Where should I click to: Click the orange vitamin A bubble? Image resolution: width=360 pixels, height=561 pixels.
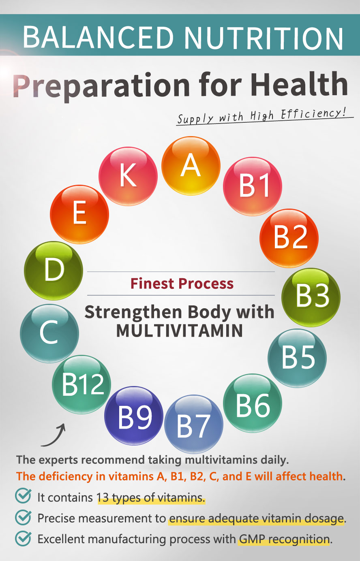(191, 166)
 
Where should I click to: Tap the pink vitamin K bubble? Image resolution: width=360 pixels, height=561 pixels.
(128, 176)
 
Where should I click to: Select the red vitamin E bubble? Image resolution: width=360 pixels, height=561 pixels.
(79, 214)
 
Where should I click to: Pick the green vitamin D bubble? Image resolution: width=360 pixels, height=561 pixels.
(54, 271)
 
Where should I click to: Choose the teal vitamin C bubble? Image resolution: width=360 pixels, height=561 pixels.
(49, 334)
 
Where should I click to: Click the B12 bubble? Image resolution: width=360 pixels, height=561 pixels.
(81, 384)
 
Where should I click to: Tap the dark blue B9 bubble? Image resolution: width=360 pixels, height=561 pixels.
(134, 416)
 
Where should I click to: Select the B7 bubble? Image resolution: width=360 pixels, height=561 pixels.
(194, 424)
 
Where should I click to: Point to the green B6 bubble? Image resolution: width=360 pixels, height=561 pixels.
(253, 403)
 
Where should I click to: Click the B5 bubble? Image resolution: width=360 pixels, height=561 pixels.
(297, 358)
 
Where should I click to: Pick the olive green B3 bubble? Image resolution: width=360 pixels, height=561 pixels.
(311, 297)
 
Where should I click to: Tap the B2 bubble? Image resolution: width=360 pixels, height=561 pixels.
(289, 238)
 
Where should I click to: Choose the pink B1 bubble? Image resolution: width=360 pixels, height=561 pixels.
(253, 186)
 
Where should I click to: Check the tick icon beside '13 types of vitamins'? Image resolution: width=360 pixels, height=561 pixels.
(23, 496)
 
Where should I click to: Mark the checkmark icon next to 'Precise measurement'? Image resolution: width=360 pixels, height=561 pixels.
(23, 517)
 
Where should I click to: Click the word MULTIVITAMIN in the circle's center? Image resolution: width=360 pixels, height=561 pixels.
(180, 331)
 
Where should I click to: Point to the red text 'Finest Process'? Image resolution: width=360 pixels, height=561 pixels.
(182, 284)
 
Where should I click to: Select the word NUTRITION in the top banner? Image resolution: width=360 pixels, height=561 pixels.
(264, 37)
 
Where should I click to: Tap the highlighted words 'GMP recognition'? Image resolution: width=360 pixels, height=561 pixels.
(284, 539)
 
